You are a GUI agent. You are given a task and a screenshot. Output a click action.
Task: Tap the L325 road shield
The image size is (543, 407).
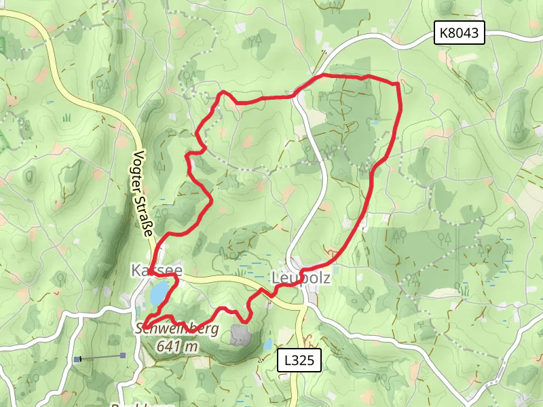point(299,361)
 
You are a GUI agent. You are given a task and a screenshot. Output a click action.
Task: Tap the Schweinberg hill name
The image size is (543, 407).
point(177,330)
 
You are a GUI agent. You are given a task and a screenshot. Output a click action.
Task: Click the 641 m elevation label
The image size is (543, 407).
point(177,346)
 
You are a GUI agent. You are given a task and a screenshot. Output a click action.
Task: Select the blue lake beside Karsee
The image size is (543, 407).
point(160,294)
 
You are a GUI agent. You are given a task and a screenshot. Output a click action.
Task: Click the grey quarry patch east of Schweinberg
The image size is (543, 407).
point(241,334)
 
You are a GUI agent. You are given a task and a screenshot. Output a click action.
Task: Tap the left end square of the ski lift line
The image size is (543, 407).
point(79,357)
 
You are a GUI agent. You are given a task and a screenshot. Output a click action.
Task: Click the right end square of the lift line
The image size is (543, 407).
point(122,355)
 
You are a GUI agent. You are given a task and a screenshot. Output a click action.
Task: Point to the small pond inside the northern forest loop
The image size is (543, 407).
point(375,123)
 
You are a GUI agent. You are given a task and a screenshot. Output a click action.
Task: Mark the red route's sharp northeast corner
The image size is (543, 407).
point(397,83)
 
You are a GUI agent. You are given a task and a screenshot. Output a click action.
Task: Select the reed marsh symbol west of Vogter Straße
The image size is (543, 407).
point(67,117)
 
